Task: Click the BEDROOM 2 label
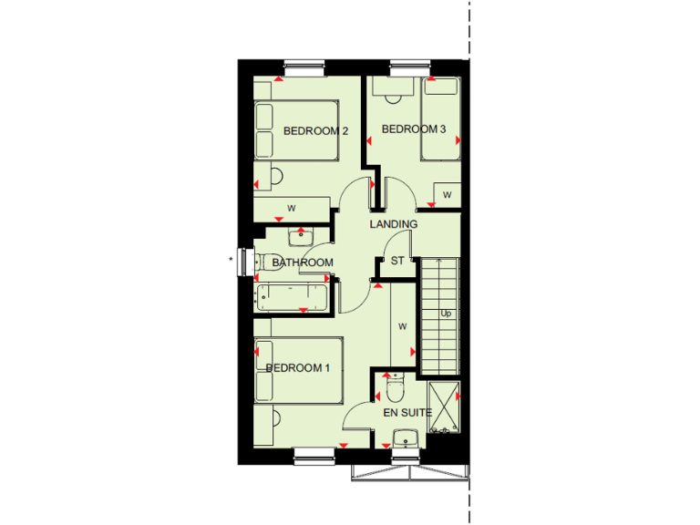(x=315, y=131)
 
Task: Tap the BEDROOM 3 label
(x=413, y=129)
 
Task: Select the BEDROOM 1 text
(x=297, y=368)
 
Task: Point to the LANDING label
(x=393, y=224)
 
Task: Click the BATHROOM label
(x=303, y=262)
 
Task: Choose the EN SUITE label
(x=407, y=413)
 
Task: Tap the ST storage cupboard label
(x=397, y=262)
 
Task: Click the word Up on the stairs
(x=446, y=314)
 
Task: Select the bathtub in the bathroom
(x=290, y=297)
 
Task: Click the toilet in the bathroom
(x=268, y=262)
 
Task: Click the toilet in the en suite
(x=394, y=390)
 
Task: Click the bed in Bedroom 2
(x=296, y=131)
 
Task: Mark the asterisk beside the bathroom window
(x=232, y=261)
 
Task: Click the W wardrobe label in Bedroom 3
(x=447, y=195)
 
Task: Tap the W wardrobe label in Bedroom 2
(x=292, y=209)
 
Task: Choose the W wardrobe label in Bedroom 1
(x=402, y=324)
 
